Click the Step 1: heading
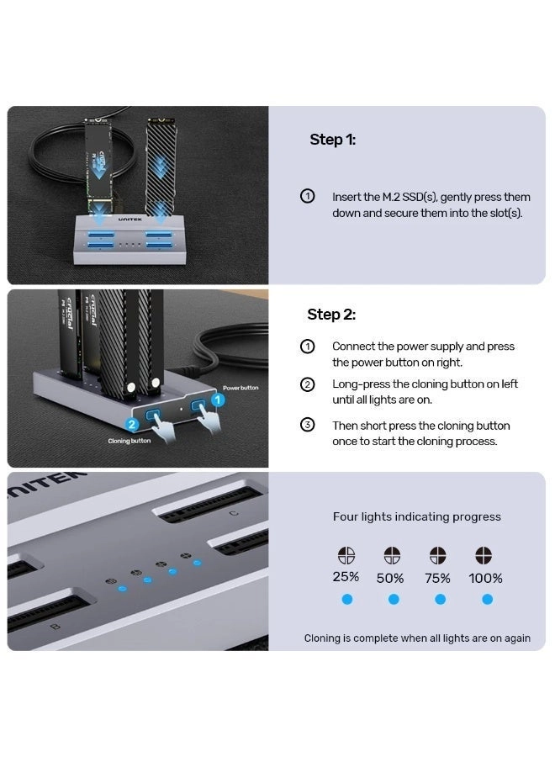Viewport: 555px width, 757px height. (332, 140)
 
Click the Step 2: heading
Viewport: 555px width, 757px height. (331, 315)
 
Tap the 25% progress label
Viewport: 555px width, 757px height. (346, 577)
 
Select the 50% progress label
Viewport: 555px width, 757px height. (390, 578)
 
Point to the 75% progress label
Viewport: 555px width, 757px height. (436, 578)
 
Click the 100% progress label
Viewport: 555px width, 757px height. (486, 578)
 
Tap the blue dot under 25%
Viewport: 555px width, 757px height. (346, 600)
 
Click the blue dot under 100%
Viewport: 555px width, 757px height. (487, 600)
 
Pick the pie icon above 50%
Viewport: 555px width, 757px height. (392, 556)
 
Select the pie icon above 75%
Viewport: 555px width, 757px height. (437, 556)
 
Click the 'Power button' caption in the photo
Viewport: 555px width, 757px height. (240, 388)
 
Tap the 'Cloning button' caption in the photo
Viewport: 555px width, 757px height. (129, 441)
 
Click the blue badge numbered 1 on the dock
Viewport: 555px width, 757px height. (216, 400)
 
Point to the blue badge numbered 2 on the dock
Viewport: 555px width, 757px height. (131, 425)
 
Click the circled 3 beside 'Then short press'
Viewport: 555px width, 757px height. (308, 425)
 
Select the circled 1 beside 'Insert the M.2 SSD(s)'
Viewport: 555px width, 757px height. (308, 197)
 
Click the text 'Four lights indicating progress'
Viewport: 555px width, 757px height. (416, 516)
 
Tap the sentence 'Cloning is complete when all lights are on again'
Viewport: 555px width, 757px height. (417, 638)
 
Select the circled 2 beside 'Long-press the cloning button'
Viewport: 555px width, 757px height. (308, 384)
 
